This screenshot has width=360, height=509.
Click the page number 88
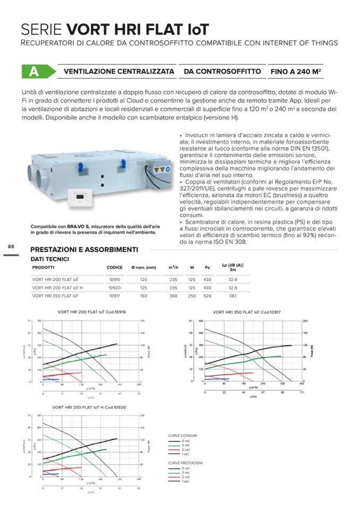pos(11,246)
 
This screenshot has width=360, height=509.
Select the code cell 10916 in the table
pos(114,279)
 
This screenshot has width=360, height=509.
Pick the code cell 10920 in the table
pos(114,287)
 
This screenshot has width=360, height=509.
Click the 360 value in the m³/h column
pos(173,296)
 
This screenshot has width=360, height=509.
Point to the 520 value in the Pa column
pos(208,296)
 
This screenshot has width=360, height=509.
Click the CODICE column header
pos(115,267)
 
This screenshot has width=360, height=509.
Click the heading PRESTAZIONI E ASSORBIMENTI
pos(84,249)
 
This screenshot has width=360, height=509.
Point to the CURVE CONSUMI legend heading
pos(183,436)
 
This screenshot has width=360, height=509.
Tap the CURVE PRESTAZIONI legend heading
pos(185,462)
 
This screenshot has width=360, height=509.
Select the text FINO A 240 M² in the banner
pos(295,72)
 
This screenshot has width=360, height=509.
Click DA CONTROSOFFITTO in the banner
pos(222,72)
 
